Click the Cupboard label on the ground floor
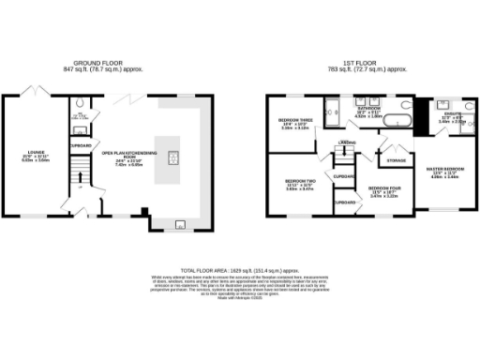(80, 145)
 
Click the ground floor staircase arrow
(81, 178)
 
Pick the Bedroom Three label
(294, 122)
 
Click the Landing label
(347, 142)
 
